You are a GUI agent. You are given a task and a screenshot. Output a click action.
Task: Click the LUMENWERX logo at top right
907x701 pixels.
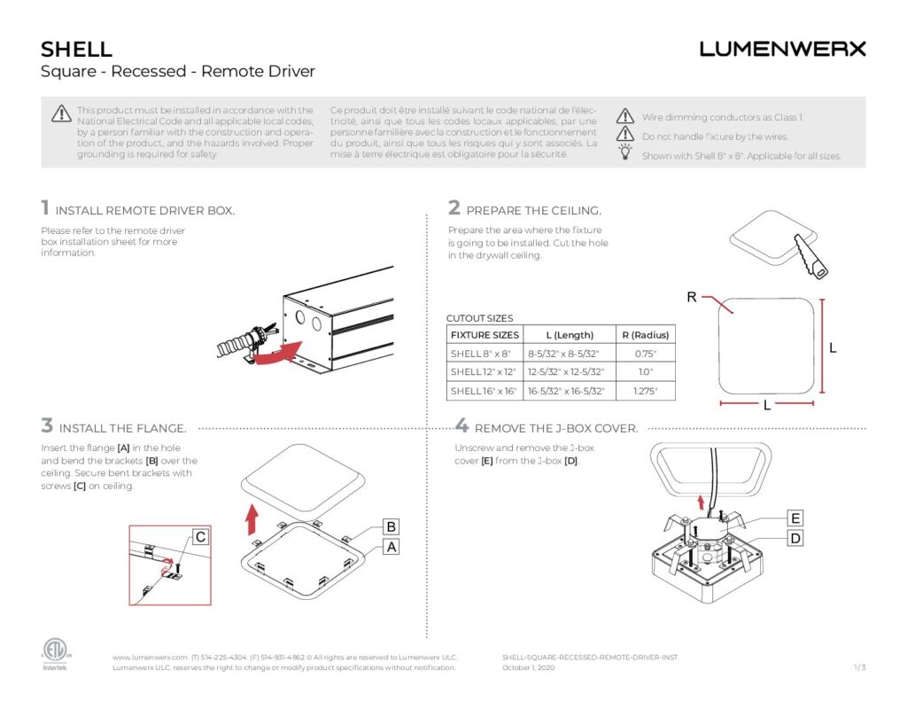tap(782, 49)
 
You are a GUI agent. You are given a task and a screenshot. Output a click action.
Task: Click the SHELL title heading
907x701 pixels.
tap(76, 50)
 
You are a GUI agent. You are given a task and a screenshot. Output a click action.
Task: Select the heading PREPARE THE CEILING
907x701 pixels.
tap(533, 211)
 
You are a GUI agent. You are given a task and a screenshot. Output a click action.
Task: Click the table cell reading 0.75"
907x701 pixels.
tap(645, 354)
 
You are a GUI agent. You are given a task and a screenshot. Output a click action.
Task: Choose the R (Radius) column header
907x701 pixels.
tap(645, 335)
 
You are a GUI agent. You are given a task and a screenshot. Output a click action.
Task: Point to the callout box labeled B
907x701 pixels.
tap(391, 526)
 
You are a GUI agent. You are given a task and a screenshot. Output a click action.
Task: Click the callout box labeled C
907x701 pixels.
tap(201, 537)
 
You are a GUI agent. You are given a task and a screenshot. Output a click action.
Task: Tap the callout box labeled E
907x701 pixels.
tap(795, 518)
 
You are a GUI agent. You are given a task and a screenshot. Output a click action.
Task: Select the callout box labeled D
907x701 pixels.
tap(795, 538)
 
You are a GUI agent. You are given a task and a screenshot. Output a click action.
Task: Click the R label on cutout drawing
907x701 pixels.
tap(691, 298)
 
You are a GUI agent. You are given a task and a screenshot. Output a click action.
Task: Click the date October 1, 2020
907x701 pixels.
tap(528, 667)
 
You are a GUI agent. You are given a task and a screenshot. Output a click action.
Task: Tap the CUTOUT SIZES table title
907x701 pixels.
tap(479, 318)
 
